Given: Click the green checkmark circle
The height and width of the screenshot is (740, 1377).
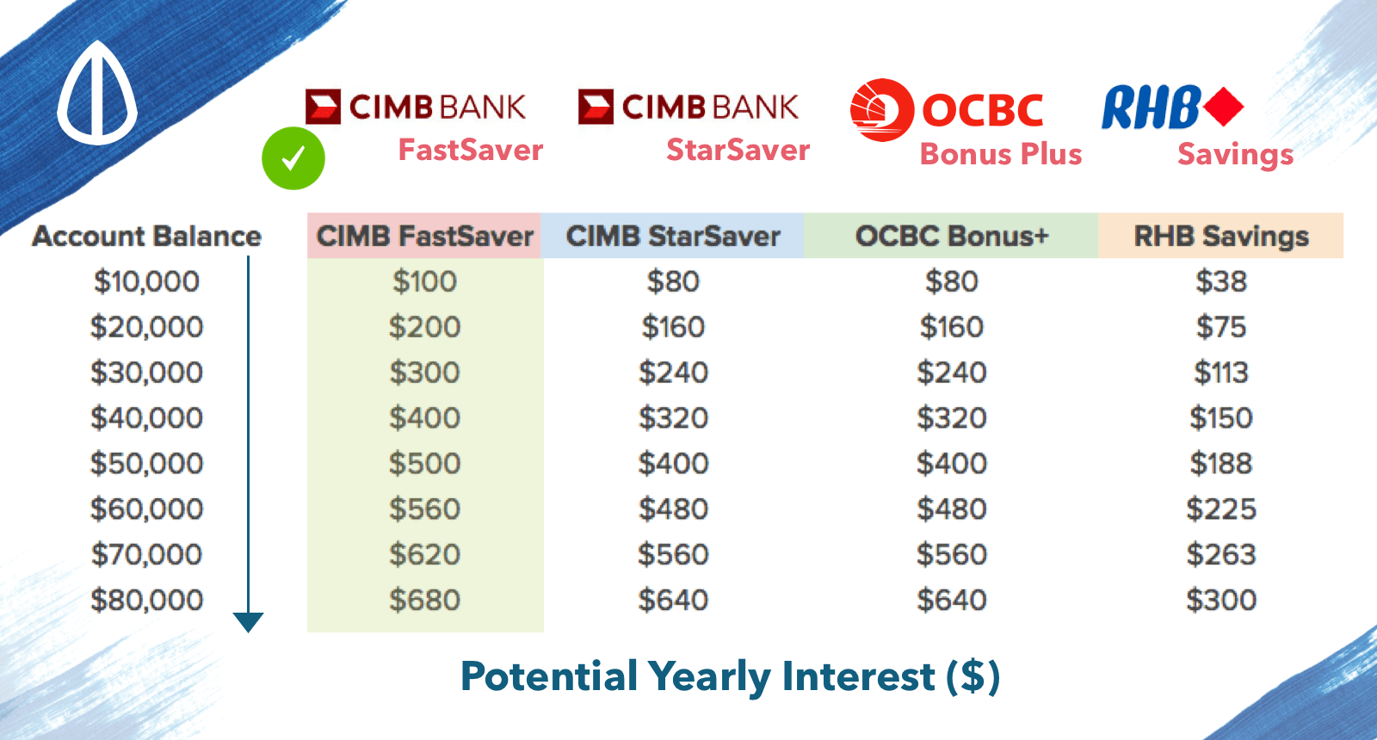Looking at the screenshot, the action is (x=293, y=158).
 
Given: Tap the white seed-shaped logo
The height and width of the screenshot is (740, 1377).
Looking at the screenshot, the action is (x=97, y=93).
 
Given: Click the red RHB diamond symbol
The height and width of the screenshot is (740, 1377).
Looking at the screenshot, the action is (x=1223, y=107).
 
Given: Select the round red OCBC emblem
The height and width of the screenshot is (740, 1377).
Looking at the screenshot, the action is (x=882, y=110).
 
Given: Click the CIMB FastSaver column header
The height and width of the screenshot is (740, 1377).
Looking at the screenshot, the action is (x=424, y=236).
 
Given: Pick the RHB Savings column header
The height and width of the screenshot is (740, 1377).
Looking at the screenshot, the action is (x=1221, y=236).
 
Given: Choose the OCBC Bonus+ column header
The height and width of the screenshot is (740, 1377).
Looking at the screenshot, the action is (x=951, y=236).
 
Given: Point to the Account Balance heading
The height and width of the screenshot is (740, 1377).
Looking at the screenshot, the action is (x=146, y=236).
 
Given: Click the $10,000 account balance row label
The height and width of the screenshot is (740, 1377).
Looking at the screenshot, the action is (x=146, y=281).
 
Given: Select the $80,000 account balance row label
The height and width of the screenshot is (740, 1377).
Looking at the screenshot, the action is (x=146, y=600).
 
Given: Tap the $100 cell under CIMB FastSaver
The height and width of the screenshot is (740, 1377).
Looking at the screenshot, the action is (x=424, y=281).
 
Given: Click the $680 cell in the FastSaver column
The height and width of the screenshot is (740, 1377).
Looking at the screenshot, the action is (x=424, y=600).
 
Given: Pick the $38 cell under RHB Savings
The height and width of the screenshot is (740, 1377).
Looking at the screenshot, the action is (x=1221, y=281).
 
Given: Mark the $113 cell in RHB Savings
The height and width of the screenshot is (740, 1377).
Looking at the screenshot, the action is (x=1221, y=373).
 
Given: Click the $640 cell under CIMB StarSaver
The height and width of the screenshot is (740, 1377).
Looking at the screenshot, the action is (x=673, y=600).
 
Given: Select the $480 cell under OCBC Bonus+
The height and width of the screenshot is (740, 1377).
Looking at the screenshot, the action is (x=952, y=509).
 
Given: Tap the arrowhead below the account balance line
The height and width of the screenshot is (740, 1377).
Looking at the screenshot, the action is (x=249, y=622).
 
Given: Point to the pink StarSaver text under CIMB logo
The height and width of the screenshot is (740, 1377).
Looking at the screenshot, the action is (x=738, y=150).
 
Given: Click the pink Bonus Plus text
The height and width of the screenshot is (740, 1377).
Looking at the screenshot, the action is (x=1001, y=154).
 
